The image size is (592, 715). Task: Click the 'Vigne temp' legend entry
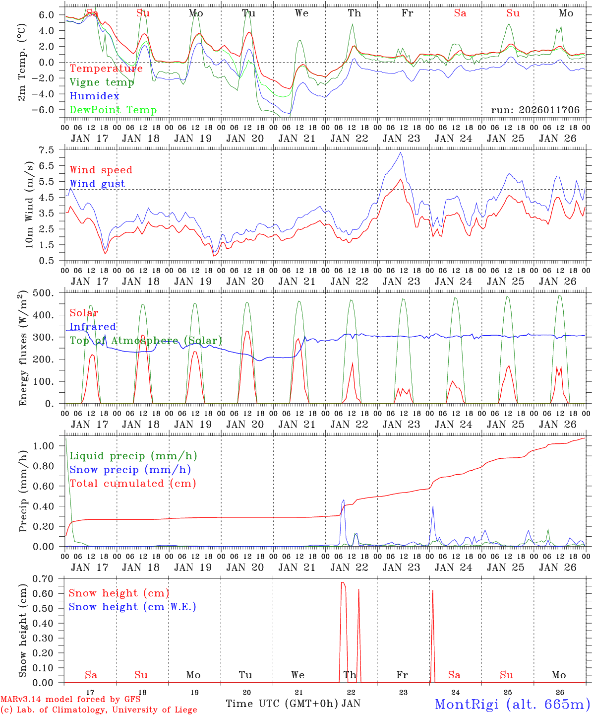(x=102, y=82)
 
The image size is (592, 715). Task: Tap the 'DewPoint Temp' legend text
(x=113, y=110)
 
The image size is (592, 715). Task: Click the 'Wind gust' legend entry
(x=97, y=184)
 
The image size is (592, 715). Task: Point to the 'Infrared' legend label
(x=93, y=327)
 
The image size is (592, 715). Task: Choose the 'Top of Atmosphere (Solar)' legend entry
(x=146, y=341)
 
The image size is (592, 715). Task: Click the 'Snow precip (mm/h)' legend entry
(x=130, y=470)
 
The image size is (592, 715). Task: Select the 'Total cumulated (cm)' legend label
(x=132, y=483)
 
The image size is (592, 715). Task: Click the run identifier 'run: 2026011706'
(x=535, y=110)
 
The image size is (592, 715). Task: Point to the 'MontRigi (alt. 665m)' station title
(x=512, y=704)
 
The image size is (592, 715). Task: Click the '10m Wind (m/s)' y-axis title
(x=29, y=205)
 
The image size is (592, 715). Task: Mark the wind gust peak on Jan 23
(x=400, y=153)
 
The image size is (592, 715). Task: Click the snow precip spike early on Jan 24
(x=433, y=506)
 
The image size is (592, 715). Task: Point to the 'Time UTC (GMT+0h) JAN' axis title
(x=293, y=704)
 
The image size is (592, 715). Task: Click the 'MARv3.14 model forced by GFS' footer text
(x=70, y=700)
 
